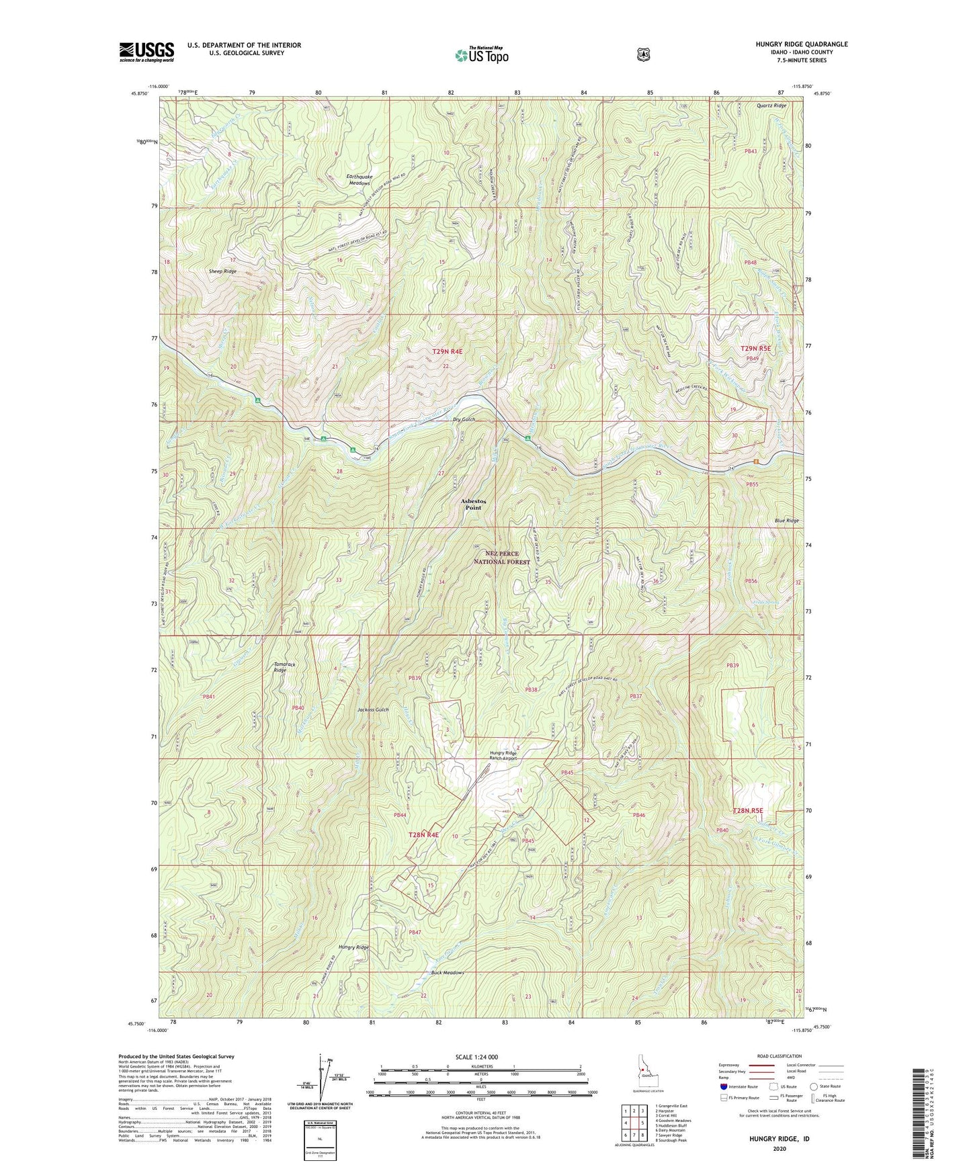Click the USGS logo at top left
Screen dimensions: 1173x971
click(x=146, y=52)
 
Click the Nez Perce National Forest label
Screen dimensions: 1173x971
click(x=501, y=558)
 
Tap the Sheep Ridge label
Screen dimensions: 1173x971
click(x=222, y=271)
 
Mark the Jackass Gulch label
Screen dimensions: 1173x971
click(x=373, y=710)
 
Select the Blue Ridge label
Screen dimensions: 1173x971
click(x=786, y=521)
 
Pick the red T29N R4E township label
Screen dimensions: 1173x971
click(x=431, y=351)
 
